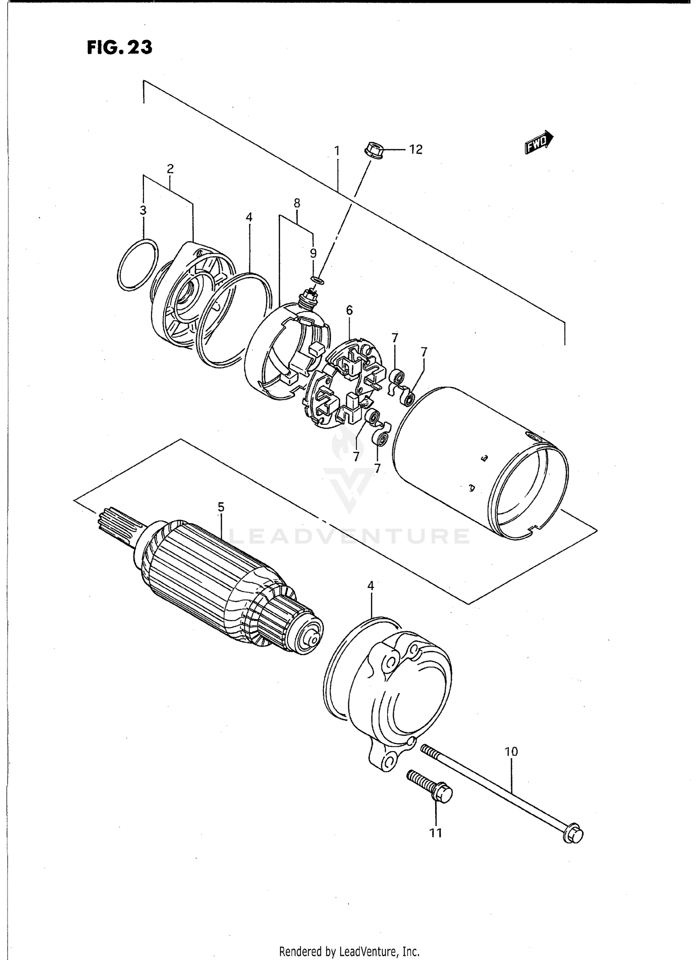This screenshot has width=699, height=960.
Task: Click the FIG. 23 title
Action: (x=119, y=48)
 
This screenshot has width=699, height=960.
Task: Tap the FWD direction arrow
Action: (x=539, y=143)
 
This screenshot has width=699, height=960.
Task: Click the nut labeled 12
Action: (x=372, y=151)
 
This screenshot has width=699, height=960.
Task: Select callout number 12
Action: (x=415, y=150)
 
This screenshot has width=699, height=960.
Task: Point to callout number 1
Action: (x=336, y=151)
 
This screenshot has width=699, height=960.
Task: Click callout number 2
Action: (x=170, y=169)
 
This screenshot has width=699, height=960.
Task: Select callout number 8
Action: (x=297, y=203)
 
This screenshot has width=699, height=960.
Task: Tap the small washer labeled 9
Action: (x=317, y=279)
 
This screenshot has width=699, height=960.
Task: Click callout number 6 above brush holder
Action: (x=349, y=310)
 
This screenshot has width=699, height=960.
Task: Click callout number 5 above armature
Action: (x=221, y=506)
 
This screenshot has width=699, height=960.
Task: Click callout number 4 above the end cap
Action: (x=370, y=586)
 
